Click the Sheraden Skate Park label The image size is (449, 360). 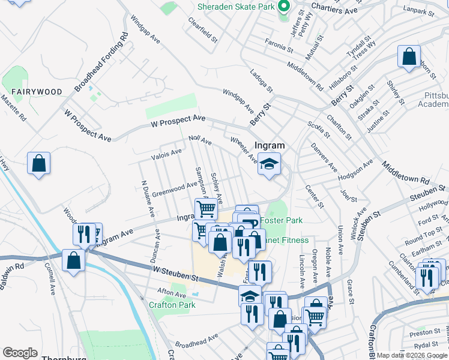tap(237, 7)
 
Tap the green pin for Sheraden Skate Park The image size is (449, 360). tap(285, 7)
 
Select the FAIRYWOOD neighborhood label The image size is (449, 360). tap(37, 91)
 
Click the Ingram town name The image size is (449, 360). tap(270, 145)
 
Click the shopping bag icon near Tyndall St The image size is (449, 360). tap(409, 57)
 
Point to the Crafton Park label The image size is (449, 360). tap(172, 305)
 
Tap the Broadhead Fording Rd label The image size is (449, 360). tap(101, 62)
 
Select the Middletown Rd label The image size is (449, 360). tap(405, 173)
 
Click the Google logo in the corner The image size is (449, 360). tap(20, 353)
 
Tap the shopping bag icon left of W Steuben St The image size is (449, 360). tap(73, 261)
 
